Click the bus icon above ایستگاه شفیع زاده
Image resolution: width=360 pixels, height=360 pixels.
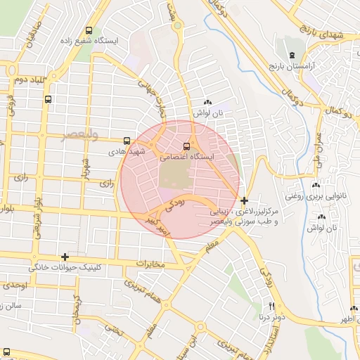89,30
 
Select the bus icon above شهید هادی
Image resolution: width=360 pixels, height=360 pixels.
127,140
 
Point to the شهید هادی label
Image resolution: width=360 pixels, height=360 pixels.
126,151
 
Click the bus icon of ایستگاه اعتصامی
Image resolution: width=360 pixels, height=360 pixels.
186,146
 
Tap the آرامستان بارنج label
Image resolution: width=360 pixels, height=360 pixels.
292,65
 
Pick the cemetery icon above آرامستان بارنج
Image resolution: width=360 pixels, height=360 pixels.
291,54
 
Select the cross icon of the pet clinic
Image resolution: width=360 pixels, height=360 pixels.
65,257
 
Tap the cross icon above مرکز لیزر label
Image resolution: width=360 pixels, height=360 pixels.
244,200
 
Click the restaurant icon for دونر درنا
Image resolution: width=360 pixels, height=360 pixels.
272,307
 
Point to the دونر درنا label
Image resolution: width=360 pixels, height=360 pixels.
272,318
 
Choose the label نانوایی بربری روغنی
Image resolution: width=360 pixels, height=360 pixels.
312,197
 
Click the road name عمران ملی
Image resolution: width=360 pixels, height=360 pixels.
319,148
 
